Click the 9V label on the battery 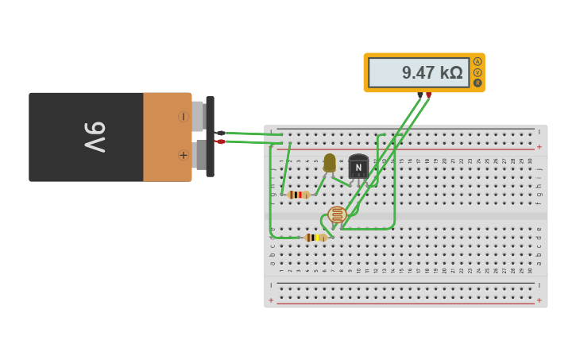click(95, 137)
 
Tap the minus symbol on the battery click(183, 117)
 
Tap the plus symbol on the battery click(184, 155)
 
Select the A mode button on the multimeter click(477, 61)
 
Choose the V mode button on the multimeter click(477, 72)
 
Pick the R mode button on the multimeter click(477, 83)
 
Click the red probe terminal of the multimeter click(429, 95)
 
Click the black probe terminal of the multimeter click(420, 95)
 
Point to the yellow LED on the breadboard click(330, 162)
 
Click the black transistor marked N click(358, 167)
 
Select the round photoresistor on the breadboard click(338, 215)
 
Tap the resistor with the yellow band click(315, 238)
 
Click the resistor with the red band click(299, 195)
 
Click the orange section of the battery click(167, 137)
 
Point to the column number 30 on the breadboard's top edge click(530, 161)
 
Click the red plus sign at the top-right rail click(539, 147)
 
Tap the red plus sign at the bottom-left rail click(271, 300)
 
